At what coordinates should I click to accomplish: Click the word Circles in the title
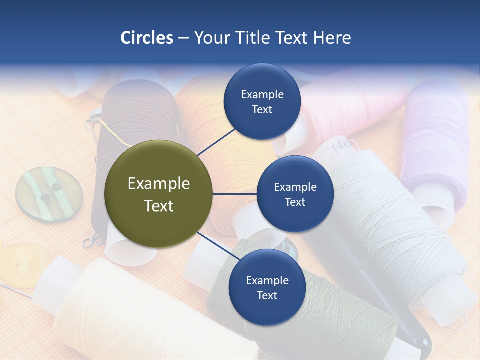tap(146, 38)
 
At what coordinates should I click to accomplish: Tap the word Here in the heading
tap(332, 38)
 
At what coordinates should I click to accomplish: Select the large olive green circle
tap(159, 194)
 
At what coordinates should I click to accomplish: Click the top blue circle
tap(262, 102)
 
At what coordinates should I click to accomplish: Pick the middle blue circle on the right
tap(295, 194)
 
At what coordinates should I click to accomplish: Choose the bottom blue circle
tap(267, 288)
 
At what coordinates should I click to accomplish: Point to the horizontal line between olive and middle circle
tap(235, 194)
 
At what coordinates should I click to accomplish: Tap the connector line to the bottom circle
tap(218, 246)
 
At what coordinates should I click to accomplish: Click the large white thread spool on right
tap(395, 225)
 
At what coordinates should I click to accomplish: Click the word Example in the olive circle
tap(159, 184)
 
